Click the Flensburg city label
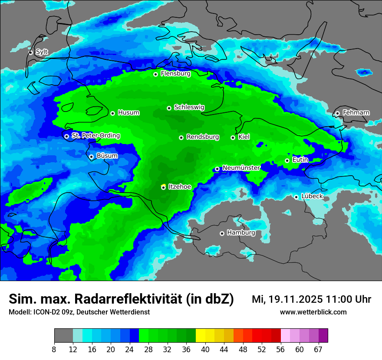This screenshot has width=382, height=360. pos(175,74)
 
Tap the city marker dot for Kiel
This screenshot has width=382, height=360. pos(233,137)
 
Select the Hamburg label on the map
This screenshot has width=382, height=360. pos(241,233)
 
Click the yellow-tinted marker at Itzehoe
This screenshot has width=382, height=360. pos(163,187)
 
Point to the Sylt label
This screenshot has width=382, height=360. pos(42,52)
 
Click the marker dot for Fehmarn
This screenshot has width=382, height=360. pos(338,113)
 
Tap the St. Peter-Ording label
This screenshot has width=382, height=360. pos(95,136)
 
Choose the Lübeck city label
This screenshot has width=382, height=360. pos(312,196)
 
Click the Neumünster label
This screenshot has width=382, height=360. pos(241,168)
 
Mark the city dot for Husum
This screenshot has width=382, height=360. pos(113,113)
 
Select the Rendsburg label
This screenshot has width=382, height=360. pos(203,137)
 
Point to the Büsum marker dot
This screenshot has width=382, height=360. pos(92,157)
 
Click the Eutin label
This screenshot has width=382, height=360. pos(300,160)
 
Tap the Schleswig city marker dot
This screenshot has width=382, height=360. pos(169,108)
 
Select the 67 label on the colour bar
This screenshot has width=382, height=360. pos(318,349)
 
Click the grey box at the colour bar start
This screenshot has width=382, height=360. pos(63,336)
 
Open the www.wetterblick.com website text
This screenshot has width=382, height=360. pos(313,312)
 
